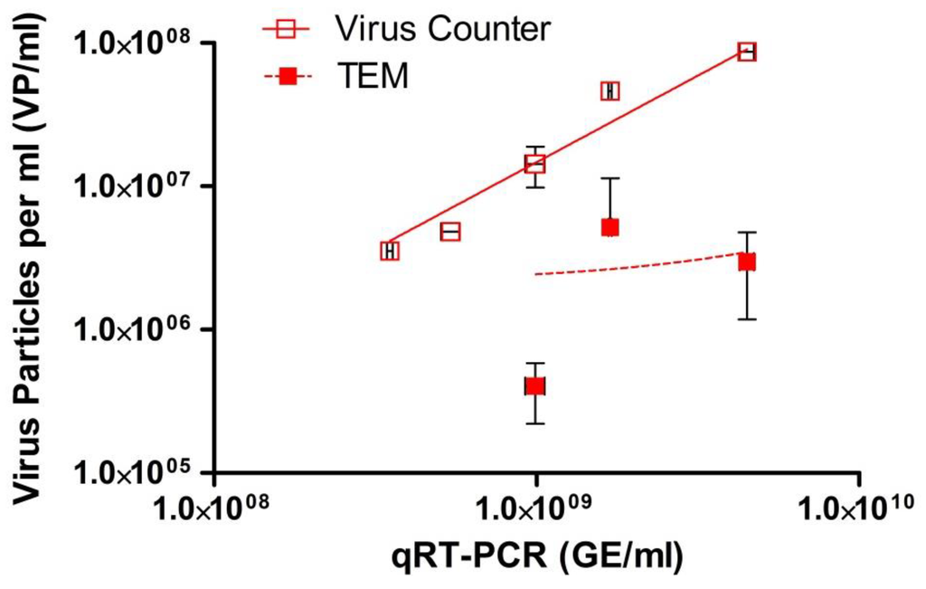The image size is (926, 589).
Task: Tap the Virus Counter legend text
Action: tap(441, 30)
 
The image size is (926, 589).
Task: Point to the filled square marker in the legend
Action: tap(288, 79)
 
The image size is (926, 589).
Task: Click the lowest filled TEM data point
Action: tap(535, 386)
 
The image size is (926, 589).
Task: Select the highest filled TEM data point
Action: tap(610, 227)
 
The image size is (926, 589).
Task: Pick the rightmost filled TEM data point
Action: tap(747, 261)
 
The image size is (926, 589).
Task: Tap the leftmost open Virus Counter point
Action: tap(390, 251)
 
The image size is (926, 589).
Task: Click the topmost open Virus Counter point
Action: tap(747, 52)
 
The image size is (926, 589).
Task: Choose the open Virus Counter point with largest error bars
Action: tap(535, 164)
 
